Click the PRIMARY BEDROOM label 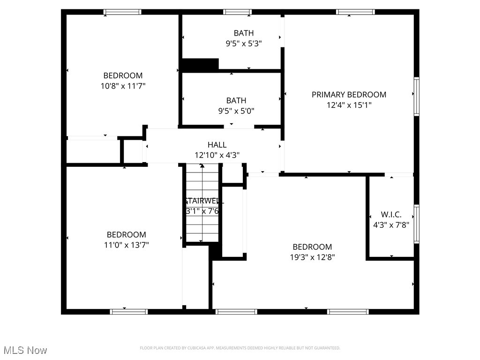(x=349, y=95)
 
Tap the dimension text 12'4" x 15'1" (x=349, y=105)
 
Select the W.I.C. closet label (x=390, y=214)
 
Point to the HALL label (x=217, y=145)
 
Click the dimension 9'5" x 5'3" (x=243, y=44)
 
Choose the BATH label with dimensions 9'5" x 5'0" (x=236, y=100)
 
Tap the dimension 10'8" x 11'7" (x=123, y=86)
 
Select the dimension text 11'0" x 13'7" (x=127, y=245)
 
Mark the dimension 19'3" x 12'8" (x=312, y=257)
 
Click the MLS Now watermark (x=25, y=350)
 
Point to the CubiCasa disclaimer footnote (x=240, y=348)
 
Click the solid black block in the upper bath (x=200, y=64)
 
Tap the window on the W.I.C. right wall (x=416, y=224)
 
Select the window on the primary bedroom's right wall (x=416, y=96)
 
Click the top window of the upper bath (x=237, y=12)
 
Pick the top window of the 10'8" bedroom (x=122, y=12)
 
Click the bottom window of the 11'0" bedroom (x=128, y=311)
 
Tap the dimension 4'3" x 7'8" (x=391, y=225)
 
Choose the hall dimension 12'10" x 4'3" (x=217, y=155)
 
